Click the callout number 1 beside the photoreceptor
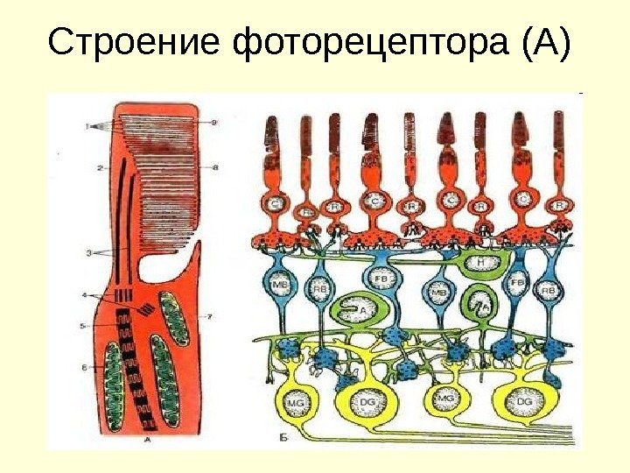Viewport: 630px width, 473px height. click(x=87, y=126)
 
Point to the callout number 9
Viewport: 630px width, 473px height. click(x=213, y=123)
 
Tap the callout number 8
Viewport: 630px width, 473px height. click(x=213, y=166)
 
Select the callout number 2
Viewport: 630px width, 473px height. click(x=101, y=166)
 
